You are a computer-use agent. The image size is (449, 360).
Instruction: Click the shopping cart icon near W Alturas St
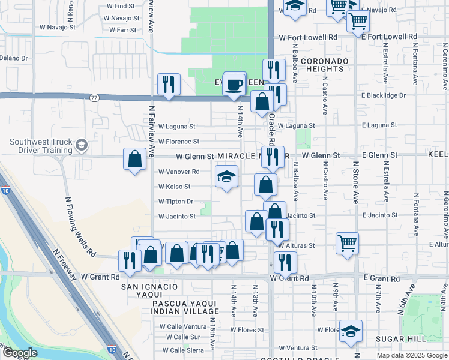point(347,243)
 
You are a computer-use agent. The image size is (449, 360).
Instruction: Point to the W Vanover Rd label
point(178,172)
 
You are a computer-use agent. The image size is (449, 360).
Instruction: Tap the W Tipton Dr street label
point(176,202)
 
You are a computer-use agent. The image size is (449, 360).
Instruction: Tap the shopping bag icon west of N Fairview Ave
point(135,160)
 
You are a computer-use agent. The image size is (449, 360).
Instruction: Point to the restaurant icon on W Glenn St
point(273,157)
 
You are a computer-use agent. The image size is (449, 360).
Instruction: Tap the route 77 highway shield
point(94,97)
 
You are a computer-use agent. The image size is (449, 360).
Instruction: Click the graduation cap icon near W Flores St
point(351,331)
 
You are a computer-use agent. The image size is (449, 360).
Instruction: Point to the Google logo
point(20,353)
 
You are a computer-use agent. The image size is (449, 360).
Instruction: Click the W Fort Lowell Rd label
point(308,37)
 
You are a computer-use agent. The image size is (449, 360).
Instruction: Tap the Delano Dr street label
point(14,58)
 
